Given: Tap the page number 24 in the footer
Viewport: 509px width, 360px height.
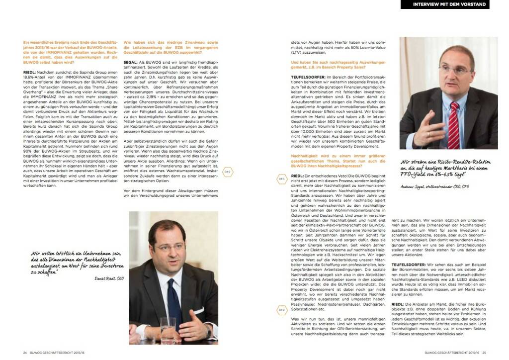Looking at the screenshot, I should click(25, 353).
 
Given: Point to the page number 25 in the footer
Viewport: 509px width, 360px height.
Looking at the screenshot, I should click(484, 353).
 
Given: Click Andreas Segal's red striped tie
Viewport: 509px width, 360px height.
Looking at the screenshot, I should click(453, 124).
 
